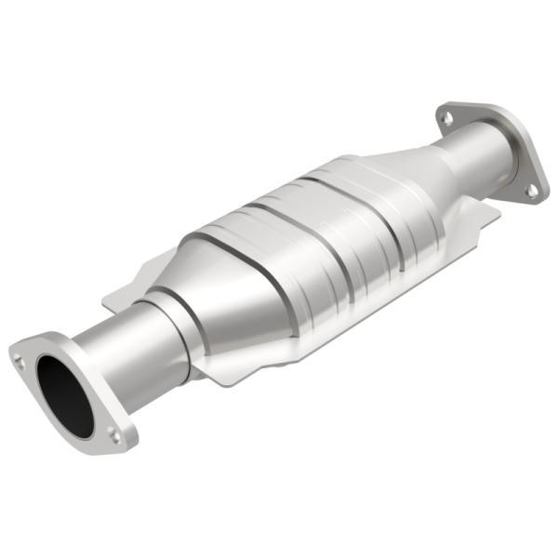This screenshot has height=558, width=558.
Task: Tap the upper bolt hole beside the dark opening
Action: coord(20,353)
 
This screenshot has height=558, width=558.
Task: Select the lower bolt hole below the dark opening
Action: coord(113,433)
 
